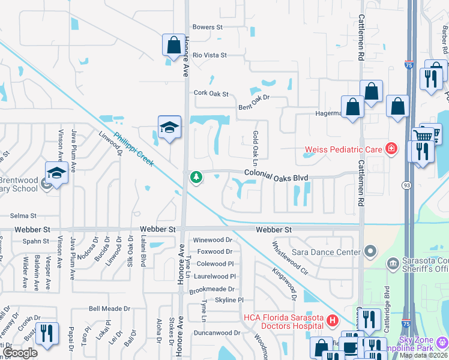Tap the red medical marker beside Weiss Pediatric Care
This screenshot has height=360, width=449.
391,148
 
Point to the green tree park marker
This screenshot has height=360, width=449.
195,177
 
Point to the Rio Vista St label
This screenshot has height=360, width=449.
209,55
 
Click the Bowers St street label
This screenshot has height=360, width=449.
208,27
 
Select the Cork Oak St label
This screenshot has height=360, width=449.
212,94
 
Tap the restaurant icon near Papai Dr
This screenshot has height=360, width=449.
46,333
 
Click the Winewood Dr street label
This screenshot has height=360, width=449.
212,240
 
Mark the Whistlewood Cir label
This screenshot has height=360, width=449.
290,258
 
